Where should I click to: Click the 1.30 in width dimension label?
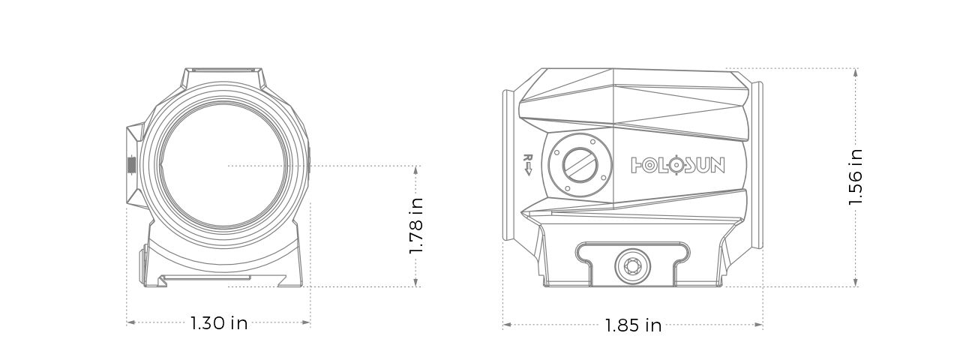click(218, 323)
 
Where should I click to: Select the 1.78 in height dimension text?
click(417, 226)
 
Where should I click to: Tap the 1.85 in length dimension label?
click(633, 325)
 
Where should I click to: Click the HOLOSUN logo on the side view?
click(678, 164)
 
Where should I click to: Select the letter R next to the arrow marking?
click(527, 158)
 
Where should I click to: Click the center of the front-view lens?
click(224, 164)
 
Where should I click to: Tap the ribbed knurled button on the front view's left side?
click(131, 163)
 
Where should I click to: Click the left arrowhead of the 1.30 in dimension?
click(130, 322)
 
